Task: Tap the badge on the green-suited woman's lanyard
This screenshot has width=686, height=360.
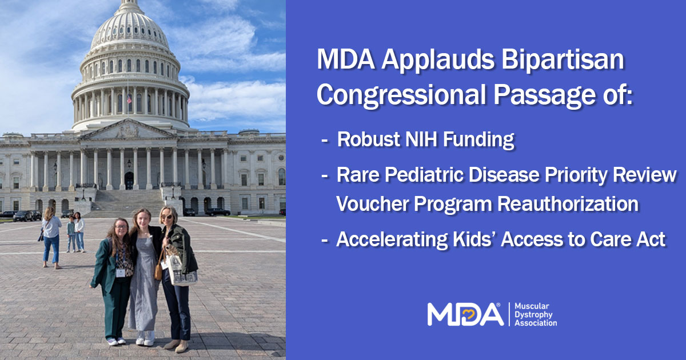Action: (121, 272)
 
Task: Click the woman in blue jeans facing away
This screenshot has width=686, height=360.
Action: (51, 237)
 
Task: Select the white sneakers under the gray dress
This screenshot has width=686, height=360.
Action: (145, 339)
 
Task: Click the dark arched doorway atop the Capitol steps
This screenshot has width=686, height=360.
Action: (129, 181)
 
